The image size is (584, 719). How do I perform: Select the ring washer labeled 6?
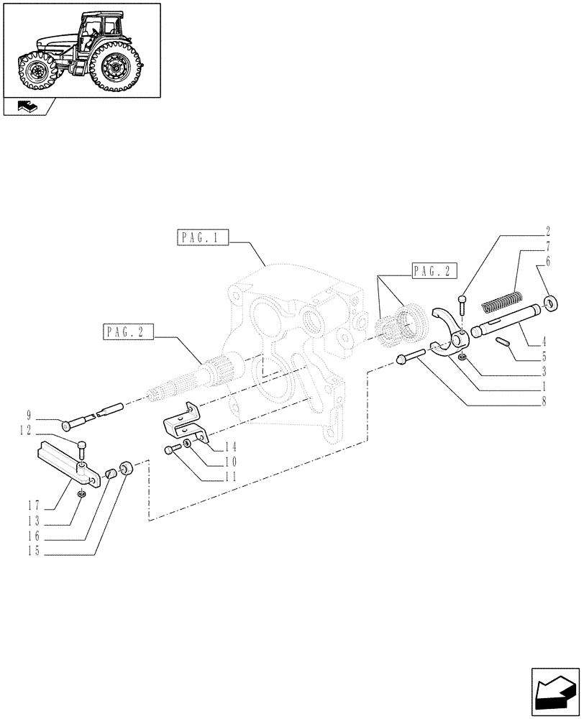551,302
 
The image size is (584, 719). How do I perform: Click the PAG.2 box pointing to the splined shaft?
129,332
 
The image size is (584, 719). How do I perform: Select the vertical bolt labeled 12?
81,449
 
